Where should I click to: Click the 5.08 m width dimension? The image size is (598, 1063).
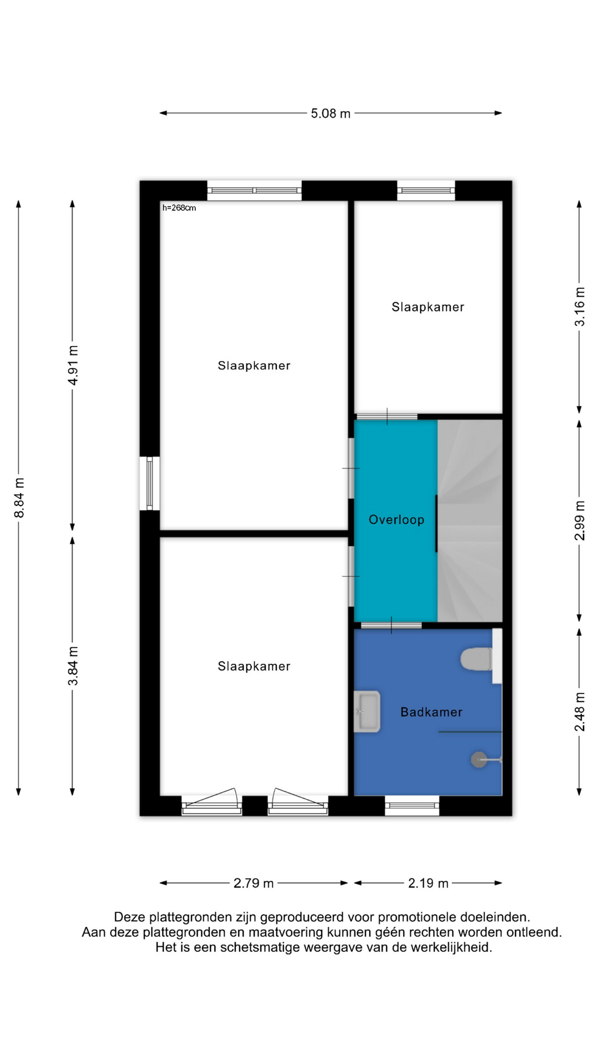tap(331, 113)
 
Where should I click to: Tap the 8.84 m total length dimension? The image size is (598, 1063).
tap(19, 498)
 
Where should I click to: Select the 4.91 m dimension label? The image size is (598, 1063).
tap(73, 365)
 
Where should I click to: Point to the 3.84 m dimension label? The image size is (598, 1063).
tap(73, 666)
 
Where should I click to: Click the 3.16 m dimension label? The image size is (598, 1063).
tap(579, 307)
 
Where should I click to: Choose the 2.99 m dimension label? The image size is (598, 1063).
tap(579, 520)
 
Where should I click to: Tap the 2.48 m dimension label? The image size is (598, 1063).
tap(579, 711)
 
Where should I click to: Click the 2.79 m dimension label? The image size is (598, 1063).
tap(254, 883)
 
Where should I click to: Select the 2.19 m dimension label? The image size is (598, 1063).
tap(428, 883)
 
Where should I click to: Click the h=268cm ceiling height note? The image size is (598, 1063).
tap(179, 208)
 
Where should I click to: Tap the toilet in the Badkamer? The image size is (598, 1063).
tap(477, 659)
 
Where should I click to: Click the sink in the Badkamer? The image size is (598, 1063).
tap(367, 711)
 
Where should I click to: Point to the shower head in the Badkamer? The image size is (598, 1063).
tap(480, 760)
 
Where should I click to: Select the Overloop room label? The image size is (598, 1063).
tap(396, 520)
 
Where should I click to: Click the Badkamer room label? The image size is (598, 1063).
tap(431, 712)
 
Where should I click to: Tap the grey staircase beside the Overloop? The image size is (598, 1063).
tap(470, 520)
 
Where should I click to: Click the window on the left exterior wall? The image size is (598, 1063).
tap(149, 483)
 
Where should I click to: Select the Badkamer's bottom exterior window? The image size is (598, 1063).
tap(412, 806)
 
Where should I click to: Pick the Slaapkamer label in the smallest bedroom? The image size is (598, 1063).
tap(428, 307)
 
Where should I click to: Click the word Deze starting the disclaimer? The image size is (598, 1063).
tap(129, 917)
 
